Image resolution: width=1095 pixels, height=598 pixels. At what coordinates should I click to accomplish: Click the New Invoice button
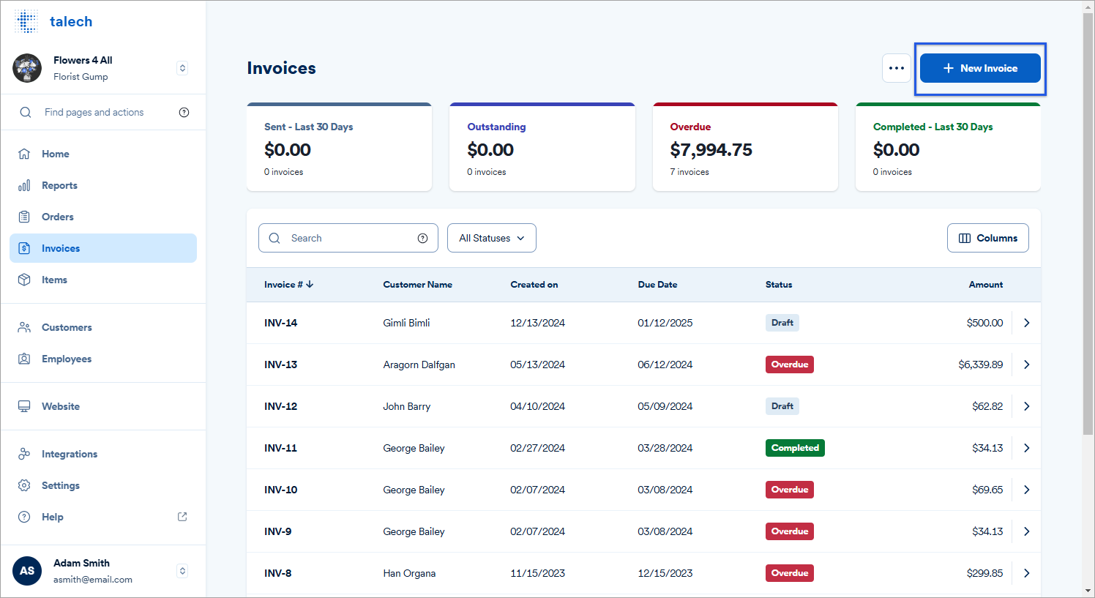pos(979,68)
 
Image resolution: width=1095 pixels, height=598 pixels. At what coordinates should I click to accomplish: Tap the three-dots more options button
pos(896,68)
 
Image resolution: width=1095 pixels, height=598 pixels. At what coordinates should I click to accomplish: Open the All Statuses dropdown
pos(491,238)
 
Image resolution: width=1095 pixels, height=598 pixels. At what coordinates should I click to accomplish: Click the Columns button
pos(987,238)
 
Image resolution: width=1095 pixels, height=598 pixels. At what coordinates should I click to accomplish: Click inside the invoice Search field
pos(348,238)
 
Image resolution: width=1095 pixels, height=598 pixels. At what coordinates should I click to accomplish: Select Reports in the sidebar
pos(59,185)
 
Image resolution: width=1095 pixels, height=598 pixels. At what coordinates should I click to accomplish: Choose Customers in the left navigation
pos(67,327)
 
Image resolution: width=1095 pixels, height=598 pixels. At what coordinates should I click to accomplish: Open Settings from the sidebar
pos(60,485)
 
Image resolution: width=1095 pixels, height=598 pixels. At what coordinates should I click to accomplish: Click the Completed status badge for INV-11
pos(795,448)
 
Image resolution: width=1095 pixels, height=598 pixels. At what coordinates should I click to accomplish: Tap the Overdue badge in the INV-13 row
pos(789,365)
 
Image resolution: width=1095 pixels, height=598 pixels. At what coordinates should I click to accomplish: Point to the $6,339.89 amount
pos(980,365)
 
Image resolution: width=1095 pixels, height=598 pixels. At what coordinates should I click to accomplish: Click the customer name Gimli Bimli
pos(406,323)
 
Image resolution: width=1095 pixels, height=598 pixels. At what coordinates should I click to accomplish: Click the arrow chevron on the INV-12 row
pos(1026,406)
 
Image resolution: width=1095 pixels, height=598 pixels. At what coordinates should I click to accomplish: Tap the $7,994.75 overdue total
pos(711,150)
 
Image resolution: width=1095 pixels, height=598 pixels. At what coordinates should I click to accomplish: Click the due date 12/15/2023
pos(665,573)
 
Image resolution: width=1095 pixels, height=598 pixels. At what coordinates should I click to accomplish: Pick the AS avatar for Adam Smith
pos(27,571)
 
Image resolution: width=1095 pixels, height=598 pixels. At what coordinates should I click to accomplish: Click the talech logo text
pos(71,22)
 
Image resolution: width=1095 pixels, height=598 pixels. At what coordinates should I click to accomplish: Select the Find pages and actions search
pos(94,112)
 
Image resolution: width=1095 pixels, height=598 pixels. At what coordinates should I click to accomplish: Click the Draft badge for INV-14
pos(782,323)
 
